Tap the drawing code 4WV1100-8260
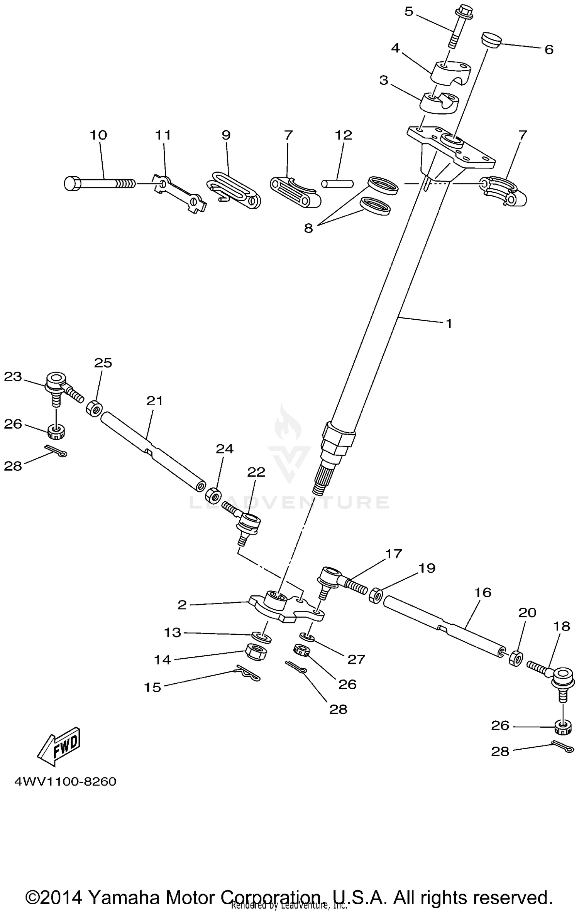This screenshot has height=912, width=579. pyautogui.click(x=65, y=782)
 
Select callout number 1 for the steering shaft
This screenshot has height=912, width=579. pyautogui.click(x=449, y=323)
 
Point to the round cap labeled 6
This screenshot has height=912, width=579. pyautogui.click(x=491, y=40)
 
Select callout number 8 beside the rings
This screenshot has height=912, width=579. pyautogui.click(x=308, y=228)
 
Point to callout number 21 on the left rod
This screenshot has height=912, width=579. pyautogui.click(x=155, y=401)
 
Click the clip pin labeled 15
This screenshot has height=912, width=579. pyautogui.click(x=247, y=673)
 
